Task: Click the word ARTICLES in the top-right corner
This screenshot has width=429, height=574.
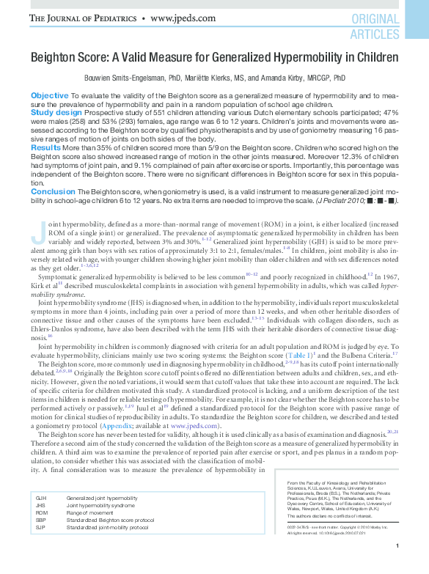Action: (374, 34)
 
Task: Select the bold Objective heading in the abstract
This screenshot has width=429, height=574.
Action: (50, 96)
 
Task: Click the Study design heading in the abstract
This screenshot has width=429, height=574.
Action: (56, 113)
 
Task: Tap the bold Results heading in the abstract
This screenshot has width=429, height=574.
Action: (45, 147)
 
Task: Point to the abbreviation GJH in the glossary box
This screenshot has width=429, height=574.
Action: (41, 498)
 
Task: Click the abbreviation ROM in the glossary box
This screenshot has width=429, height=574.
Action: (41, 512)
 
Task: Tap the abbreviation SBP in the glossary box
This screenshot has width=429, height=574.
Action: (41, 520)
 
